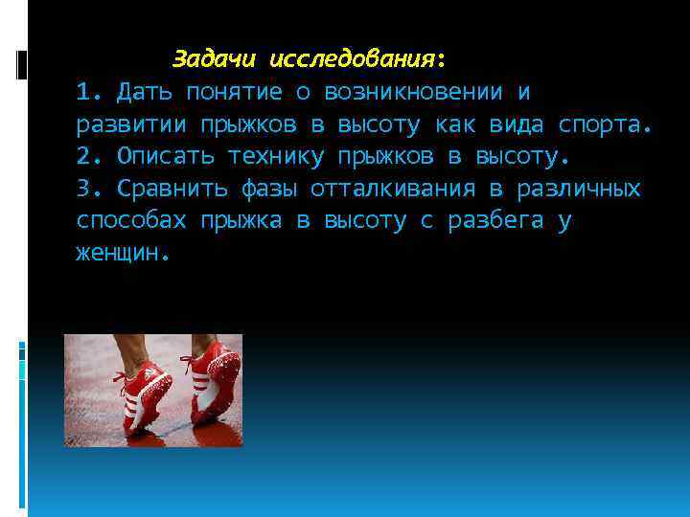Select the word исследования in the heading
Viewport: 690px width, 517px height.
click(352, 59)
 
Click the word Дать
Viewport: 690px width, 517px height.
click(140, 92)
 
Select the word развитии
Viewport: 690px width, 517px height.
click(131, 124)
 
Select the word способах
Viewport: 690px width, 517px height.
click(131, 220)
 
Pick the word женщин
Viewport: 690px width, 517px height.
click(121, 253)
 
